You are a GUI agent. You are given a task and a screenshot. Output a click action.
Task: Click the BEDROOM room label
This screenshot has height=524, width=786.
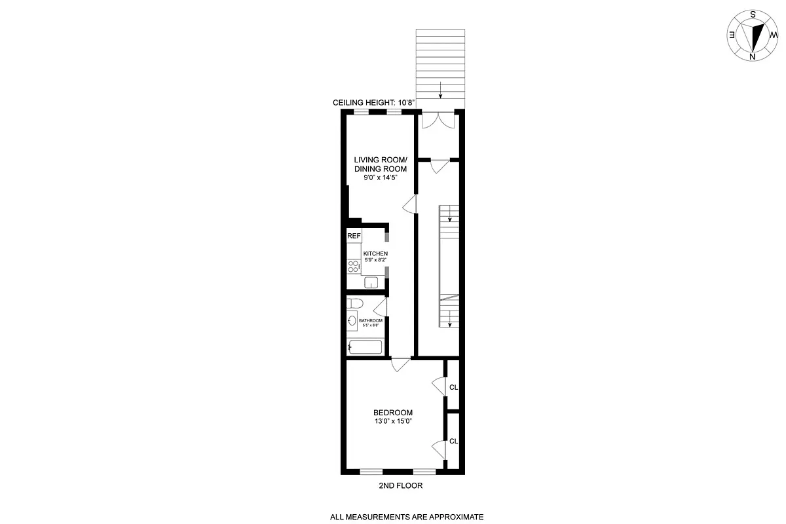tap(393, 413)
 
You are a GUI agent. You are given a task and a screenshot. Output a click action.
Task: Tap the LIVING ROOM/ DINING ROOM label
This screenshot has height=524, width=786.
tap(381, 164)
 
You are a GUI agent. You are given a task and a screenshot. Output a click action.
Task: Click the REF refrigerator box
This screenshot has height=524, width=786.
tap(354, 236)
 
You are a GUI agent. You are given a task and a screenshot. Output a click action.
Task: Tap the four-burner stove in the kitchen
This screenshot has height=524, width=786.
tap(353, 267)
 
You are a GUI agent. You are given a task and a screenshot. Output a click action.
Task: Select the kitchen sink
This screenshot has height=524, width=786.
tap(371, 283)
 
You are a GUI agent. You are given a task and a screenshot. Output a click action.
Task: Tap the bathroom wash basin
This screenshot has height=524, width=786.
tap(352, 322)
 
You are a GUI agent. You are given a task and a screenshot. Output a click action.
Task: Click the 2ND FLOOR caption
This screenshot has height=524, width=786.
tap(400, 486)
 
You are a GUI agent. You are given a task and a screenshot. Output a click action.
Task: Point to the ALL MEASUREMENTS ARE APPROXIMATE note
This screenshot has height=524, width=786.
tap(407, 517)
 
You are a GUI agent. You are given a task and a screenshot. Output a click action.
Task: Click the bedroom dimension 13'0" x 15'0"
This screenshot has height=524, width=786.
tap(393, 422)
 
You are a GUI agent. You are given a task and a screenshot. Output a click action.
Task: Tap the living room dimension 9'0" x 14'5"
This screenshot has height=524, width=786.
tap(381, 177)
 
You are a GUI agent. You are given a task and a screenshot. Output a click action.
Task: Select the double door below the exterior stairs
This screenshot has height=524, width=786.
tap(437, 121)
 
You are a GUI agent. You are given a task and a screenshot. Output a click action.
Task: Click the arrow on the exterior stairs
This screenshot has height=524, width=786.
tap(441, 90)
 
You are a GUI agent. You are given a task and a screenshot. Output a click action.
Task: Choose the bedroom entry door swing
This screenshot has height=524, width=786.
tap(400, 365)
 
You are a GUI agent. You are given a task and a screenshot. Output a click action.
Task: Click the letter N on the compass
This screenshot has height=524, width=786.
tap(752, 56)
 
